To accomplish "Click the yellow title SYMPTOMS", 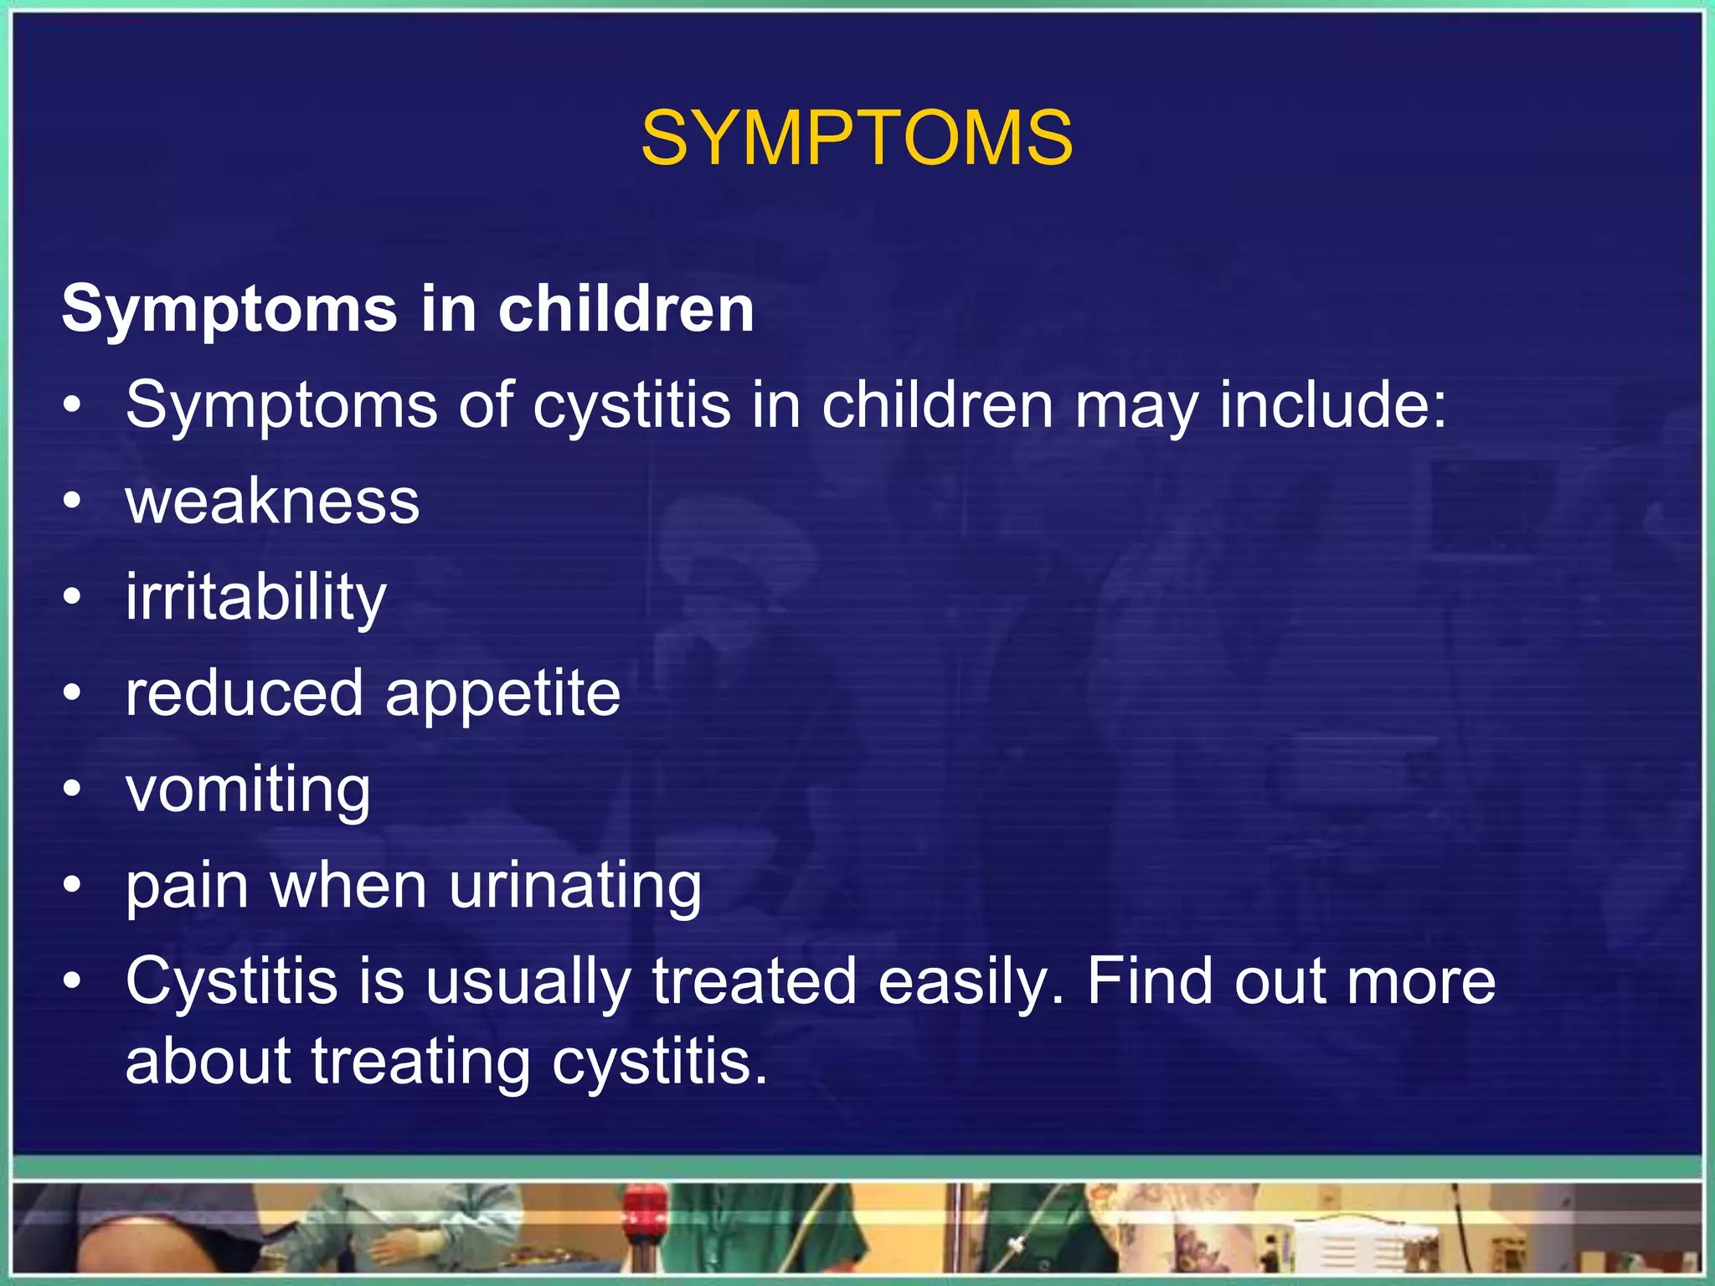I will (857, 138).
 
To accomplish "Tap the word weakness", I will (272, 502).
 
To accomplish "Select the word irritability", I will (255, 597).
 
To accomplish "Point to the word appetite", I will (502, 695).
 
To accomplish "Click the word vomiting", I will (248, 790).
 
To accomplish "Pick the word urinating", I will (575, 887).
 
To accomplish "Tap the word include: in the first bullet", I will (1331, 405).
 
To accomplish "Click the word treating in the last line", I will (421, 1062).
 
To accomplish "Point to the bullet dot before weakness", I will (73, 502).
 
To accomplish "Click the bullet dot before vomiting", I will (73, 789).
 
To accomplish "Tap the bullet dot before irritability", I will (73, 597).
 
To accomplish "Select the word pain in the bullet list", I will (187, 887).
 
